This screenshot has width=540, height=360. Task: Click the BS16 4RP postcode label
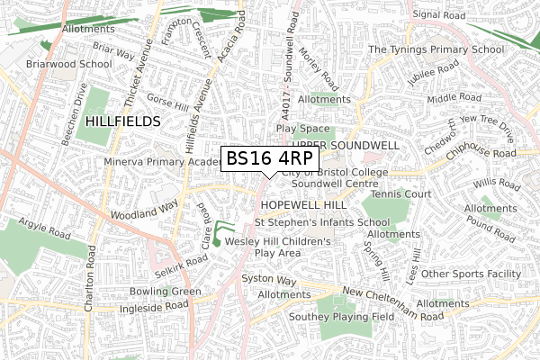[x=269, y=158]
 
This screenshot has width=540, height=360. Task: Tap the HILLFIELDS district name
[x=122, y=120]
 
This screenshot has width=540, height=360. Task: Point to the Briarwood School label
[x=44, y=64]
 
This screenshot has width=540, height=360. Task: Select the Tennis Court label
[x=401, y=193]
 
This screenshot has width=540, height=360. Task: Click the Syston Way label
[x=268, y=280]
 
